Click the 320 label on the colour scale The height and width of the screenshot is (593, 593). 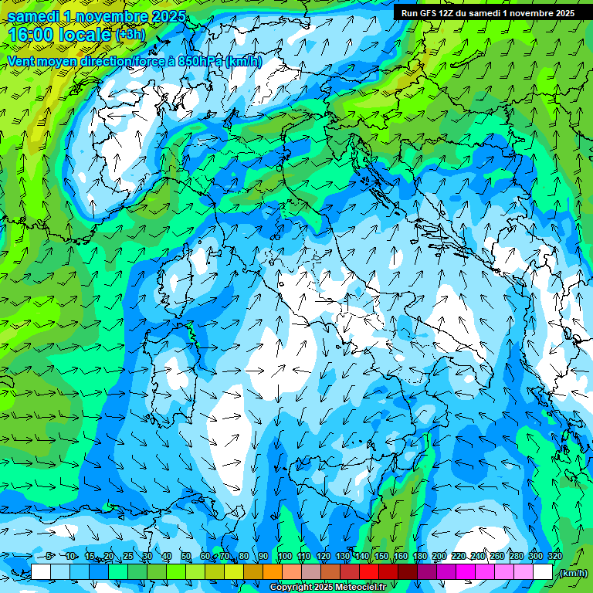[x=555, y=556]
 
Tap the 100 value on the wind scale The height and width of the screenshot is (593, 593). [x=285, y=556]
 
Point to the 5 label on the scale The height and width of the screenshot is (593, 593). [x=50, y=556]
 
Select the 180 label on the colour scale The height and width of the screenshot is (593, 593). [x=420, y=556]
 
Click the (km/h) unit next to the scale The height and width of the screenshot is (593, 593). [x=573, y=572]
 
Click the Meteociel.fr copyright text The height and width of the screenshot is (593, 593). [x=327, y=588]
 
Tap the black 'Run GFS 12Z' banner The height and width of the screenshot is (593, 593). [x=487, y=13]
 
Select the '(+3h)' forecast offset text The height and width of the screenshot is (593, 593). [x=129, y=34]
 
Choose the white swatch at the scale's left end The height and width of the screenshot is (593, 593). [x=41, y=572]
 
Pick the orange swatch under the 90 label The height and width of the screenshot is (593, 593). [x=273, y=572]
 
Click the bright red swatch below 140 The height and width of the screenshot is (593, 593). [x=369, y=572]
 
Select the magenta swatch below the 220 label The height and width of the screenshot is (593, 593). [x=466, y=572]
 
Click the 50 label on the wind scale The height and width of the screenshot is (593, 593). [x=186, y=556]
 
